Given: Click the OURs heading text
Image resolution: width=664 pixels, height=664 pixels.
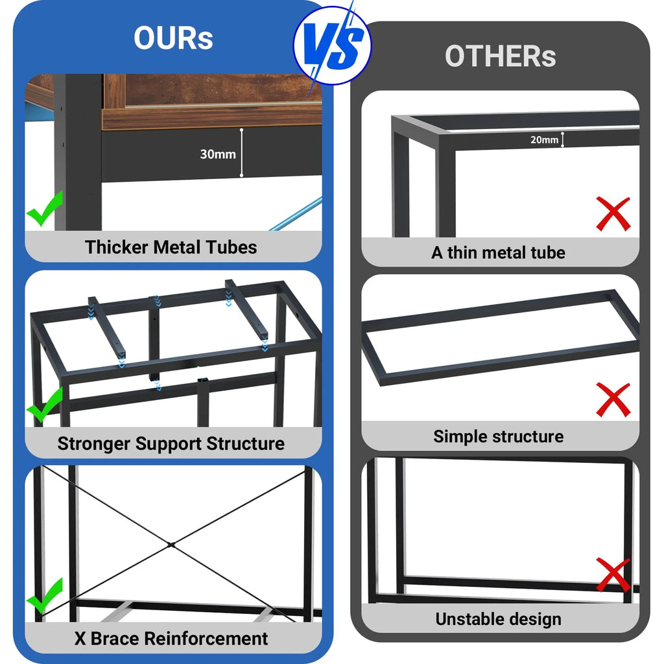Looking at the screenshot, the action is coord(173,38).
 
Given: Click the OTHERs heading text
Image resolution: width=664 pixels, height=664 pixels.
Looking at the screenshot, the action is coord(500,56).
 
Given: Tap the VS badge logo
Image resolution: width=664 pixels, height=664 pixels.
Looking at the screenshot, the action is coord(333,45).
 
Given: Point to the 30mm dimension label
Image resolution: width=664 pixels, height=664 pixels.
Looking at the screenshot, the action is coord(218,154).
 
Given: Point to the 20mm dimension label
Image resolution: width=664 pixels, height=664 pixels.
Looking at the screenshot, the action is coord(544,140).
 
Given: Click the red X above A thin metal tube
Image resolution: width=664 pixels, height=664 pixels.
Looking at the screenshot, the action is coord(613,214).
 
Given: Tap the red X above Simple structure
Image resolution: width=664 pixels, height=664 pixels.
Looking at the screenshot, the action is coord(613,399).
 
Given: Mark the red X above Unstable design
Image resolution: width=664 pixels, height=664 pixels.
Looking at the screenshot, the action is coord(613,575).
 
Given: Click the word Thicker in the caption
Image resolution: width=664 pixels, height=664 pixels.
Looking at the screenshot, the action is coord(117,247).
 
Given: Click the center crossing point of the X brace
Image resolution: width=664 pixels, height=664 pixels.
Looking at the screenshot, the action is coord(171,545).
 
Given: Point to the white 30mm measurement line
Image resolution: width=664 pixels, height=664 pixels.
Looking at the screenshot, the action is coord(241,152).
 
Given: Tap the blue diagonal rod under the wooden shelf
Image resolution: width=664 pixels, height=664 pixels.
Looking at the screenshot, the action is coord(296,214).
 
